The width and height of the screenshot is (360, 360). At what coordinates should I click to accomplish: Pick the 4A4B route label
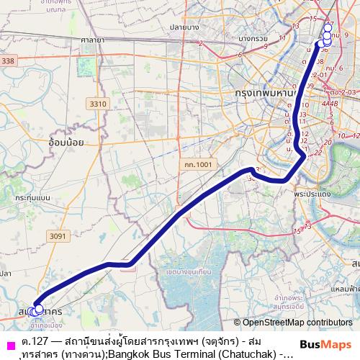pos(330,103)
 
